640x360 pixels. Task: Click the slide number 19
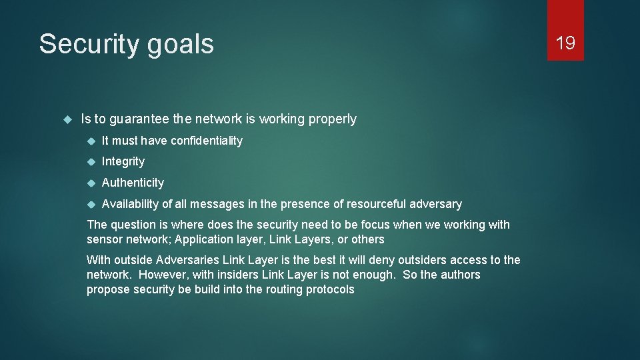pyautogui.click(x=565, y=43)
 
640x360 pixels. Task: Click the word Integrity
pyautogui.click(x=123, y=161)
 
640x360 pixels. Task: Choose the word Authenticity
pyautogui.click(x=133, y=183)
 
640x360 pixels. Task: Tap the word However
pyautogui.click(x=156, y=275)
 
